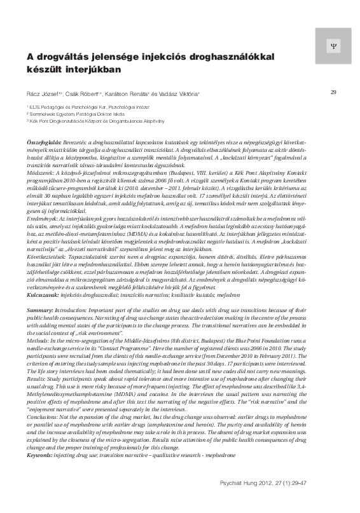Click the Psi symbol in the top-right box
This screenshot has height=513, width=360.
point(331,46)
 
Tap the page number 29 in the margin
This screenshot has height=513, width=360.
point(333,93)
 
